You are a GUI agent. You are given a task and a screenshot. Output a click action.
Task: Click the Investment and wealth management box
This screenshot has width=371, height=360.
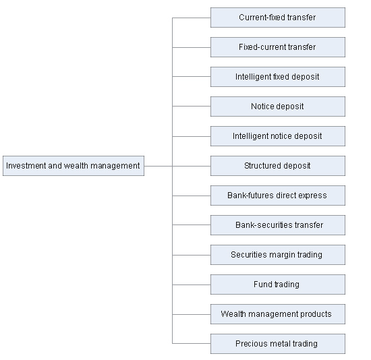click(74, 166)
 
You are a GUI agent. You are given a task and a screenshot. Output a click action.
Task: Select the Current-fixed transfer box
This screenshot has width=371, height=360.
click(278, 18)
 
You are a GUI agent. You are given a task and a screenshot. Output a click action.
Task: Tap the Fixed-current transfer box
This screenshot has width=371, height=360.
click(278, 47)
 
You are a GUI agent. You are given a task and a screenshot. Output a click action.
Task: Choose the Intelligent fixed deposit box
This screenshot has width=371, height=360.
click(278, 77)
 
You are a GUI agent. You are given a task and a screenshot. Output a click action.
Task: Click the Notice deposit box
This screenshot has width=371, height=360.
click(278, 107)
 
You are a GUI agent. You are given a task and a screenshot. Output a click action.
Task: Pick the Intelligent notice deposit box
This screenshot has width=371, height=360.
click(278, 136)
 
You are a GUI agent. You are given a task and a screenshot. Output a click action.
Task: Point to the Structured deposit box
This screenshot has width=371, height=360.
click(278, 166)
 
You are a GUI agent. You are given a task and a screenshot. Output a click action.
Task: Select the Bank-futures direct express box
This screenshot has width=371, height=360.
click(278, 196)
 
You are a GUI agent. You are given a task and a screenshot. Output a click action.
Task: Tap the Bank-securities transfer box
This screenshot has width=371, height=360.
click(278, 225)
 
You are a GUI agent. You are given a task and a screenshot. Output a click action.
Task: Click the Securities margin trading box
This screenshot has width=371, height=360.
click(278, 255)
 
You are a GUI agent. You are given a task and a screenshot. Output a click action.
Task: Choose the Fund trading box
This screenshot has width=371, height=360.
click(278, 284)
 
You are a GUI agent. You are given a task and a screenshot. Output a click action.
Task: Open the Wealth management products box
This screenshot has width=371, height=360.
click(278, 314)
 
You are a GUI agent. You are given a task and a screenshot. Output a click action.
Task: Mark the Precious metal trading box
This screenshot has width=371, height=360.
click(278, 344)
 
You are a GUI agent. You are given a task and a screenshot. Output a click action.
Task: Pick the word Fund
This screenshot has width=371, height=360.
click(261, 284)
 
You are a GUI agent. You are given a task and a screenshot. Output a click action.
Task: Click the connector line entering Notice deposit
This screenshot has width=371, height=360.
click(192, 107)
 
